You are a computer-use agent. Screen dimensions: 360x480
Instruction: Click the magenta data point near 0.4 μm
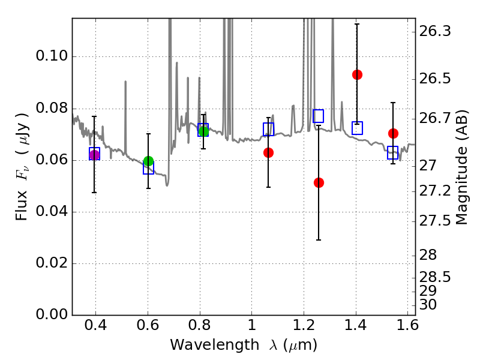(94, 155)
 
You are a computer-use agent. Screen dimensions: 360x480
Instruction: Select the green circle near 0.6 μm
(148, 161)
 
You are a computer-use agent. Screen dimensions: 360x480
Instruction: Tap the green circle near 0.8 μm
(203, 131)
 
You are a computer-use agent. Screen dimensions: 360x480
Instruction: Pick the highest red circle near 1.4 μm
(357, 74)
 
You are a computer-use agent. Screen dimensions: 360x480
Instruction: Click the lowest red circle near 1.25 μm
(319, 182)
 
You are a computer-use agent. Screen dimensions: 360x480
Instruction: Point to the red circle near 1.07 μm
(268, 152)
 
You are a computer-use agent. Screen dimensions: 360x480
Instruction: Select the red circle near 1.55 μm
(393, 133)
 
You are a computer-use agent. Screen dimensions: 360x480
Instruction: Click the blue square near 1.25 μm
(319, 116)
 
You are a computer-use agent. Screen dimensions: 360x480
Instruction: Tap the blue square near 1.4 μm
(357, 128)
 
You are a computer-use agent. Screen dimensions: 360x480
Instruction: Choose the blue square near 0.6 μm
(148, 169)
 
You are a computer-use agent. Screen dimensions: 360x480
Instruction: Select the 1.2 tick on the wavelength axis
(303, 326)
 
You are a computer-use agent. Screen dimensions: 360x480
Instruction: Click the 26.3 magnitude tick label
(436, 31)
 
